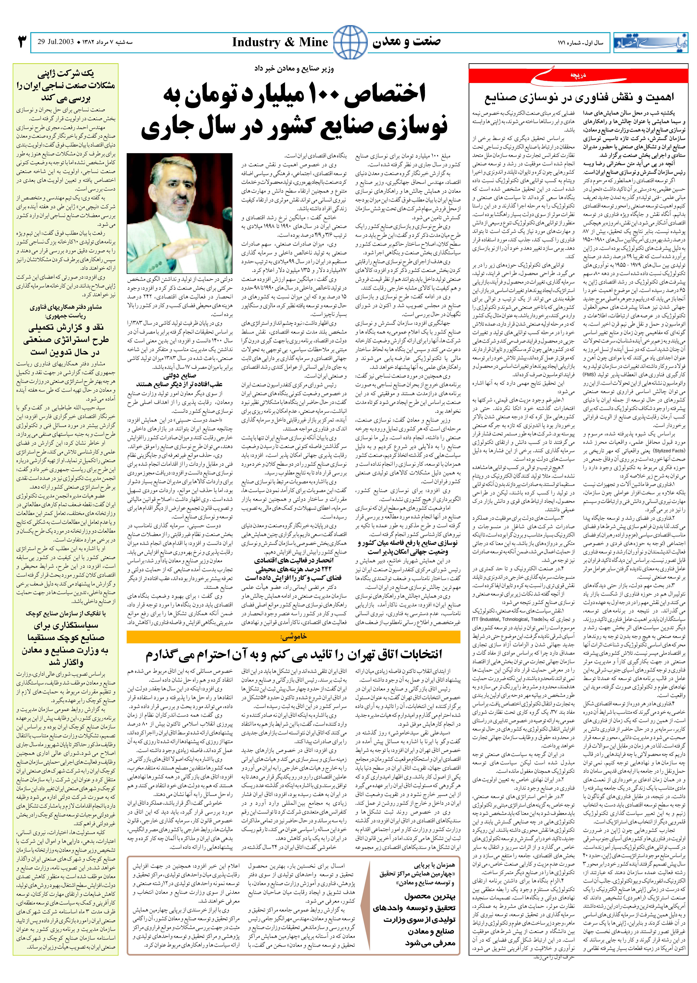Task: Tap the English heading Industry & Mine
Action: pyautogui.click(x=280, y=42)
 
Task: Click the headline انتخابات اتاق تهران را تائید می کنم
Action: pyautogui.click(x=294, y=654)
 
